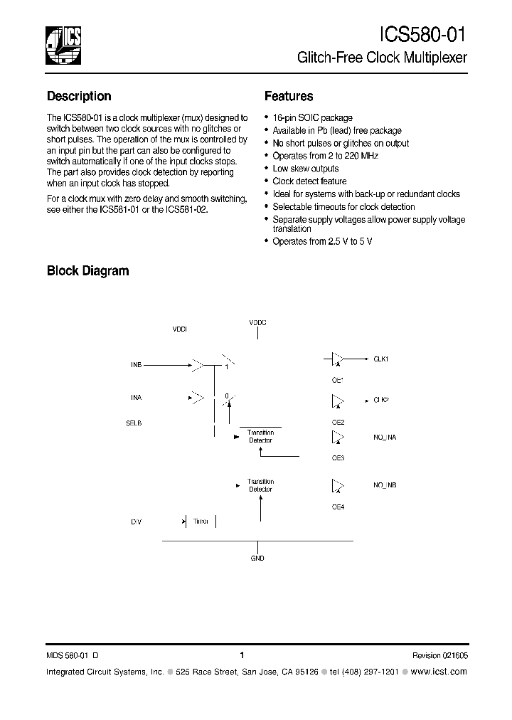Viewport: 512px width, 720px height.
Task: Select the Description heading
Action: click(79, 96)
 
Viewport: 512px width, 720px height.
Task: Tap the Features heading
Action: click(289, 96)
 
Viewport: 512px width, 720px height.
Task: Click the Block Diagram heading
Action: click(87, 270)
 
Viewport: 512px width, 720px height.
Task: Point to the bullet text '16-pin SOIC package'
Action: click(312, 117)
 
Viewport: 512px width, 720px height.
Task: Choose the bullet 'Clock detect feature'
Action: click(309, 181)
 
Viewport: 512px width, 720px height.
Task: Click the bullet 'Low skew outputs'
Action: click(305, 169)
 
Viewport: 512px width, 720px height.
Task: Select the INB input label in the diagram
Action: click(137, 364)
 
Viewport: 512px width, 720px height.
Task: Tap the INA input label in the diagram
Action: click(137, 398)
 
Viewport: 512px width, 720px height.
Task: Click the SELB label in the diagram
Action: click(134, 423)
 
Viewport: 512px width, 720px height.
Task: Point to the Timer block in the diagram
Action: click(201, 522)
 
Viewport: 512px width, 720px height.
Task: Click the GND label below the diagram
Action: click(257, 558)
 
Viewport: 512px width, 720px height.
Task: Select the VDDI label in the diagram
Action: click(180, 330)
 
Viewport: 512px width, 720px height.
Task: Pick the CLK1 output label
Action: click(381, 359)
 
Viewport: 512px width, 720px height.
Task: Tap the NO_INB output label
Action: click(385, 485)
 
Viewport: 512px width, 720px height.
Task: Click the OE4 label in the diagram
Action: click(338, 507)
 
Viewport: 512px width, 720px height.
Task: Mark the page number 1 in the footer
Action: click(242, 655)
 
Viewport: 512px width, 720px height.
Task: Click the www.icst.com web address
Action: click(439, 672)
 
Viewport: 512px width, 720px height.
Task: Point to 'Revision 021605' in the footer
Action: click(439, 655)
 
